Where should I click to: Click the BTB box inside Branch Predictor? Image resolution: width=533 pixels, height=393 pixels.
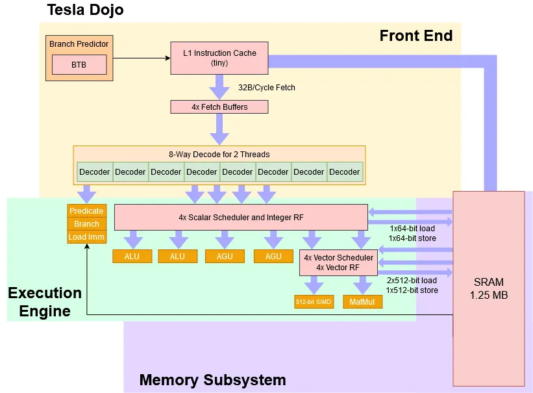tap(79, 65)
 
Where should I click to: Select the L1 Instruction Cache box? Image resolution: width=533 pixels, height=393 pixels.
tap(219, 58)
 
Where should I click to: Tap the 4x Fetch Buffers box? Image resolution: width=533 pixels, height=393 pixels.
tap(219, 107)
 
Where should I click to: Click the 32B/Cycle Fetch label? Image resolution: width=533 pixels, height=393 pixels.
tap(266, 87)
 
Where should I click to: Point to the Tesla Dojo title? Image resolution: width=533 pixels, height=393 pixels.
tap(85, 10)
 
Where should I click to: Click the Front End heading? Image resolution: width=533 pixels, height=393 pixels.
tap(415, 36)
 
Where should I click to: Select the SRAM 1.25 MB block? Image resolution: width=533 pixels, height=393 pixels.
tap(488, 288)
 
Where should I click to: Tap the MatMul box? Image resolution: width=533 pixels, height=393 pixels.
tap(362, 303)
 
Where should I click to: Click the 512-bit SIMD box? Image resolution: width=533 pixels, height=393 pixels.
tap(314, 303)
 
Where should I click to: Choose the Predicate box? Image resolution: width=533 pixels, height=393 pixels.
tap(86, 210)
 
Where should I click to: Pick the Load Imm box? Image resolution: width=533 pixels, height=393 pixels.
tap(86, 237)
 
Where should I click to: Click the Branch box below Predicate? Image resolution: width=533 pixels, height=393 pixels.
tap(86, 224)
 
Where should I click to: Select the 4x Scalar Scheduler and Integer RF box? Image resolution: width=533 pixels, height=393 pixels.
tap(241, 217)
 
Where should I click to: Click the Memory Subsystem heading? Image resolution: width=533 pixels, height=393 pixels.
tap(212, 380)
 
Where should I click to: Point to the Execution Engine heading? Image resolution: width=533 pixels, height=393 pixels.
tap(45, 301)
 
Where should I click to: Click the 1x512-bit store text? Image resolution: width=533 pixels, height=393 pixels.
tap(412, 290)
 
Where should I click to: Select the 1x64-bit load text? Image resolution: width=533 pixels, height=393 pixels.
tap(412, 229)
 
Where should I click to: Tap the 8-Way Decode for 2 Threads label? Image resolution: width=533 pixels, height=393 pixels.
tap(219, 154)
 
